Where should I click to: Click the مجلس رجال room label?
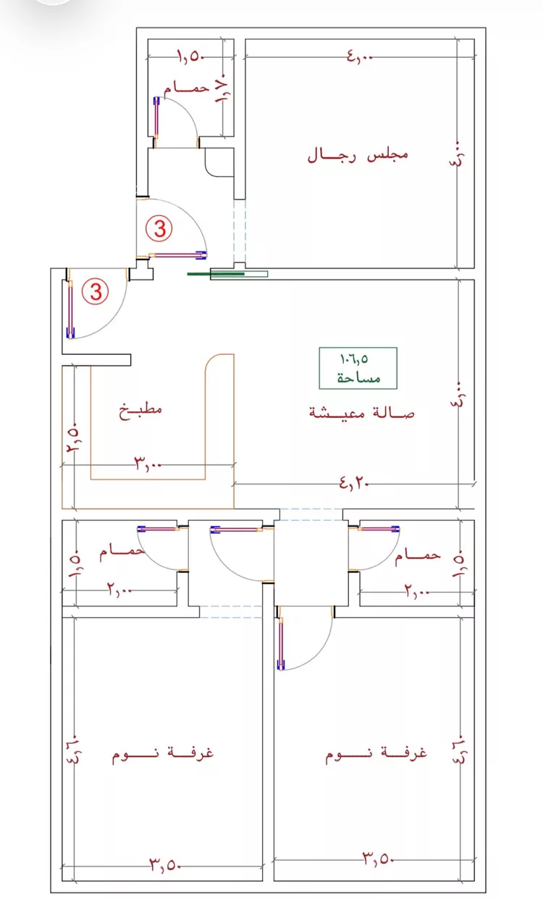coord(358,155)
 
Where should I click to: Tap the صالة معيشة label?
coord(361,413)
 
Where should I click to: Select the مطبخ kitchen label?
coord(140,410)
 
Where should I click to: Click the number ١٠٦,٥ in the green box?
coord(354,359)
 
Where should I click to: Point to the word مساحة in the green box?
coord(358,377)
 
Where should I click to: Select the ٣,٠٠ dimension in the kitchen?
coord(147,464)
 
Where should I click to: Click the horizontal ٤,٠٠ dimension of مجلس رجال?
coord(360,56)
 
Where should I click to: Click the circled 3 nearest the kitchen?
coord(96,291)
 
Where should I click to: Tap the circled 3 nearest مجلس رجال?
coord(159,229)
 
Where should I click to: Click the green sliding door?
coord(216,274)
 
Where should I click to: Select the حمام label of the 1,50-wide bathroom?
coord(186,88)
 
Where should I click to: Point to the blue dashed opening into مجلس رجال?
coord(240,231)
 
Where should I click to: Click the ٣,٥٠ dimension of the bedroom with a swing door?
coord(379,858)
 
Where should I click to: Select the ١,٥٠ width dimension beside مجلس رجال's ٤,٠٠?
coord(191,57)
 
